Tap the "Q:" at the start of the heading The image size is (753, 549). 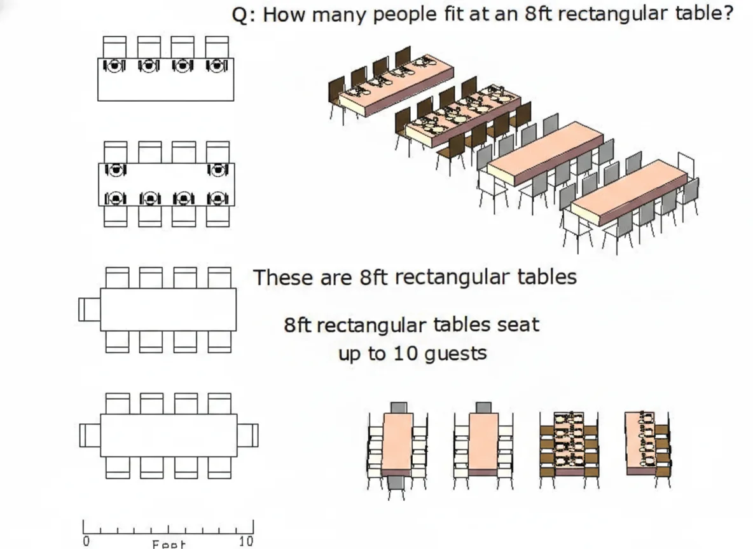tap(244, 14)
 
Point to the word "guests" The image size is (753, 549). tap(455, 353)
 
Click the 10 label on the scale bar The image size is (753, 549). tap(245, 541)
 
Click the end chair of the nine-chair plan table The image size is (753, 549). tap(90, 309)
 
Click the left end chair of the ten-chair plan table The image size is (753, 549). tap(90, 435)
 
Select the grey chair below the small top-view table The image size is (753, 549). tap(396, 484)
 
